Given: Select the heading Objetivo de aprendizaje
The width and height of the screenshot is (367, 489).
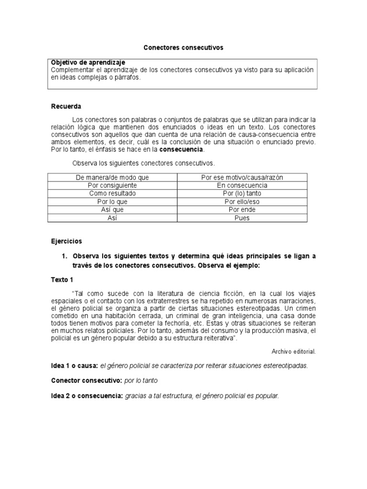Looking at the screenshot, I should coord(88,63).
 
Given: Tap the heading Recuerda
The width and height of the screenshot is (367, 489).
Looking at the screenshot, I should coord(66,106).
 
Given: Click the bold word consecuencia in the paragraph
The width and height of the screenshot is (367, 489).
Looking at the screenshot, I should coord(181,149).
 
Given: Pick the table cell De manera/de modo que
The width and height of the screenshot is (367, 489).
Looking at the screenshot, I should coord(113,177).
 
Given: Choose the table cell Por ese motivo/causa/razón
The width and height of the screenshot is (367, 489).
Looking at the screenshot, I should coord(242,177).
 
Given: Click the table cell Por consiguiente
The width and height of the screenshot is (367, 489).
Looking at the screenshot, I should coord(113,185).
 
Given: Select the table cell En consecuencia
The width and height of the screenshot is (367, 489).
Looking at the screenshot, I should coord(242,185).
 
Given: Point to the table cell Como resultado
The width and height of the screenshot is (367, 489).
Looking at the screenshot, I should coord(113,193).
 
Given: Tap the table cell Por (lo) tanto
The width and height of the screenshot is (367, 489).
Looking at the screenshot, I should coord(242,193).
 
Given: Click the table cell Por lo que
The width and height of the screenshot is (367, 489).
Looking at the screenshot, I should coord(113,202).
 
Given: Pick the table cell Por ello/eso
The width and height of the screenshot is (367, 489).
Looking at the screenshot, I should coord(242,202).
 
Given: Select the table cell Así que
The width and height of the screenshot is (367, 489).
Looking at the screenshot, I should coord(113,210).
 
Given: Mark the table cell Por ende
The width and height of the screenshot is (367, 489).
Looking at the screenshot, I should coord(242,210).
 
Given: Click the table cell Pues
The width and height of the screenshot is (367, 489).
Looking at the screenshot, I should coord(242,218).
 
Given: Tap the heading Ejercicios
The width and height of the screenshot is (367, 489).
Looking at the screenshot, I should coord(67,241).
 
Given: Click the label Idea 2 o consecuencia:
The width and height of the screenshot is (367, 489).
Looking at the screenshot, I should coord(87,396).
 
